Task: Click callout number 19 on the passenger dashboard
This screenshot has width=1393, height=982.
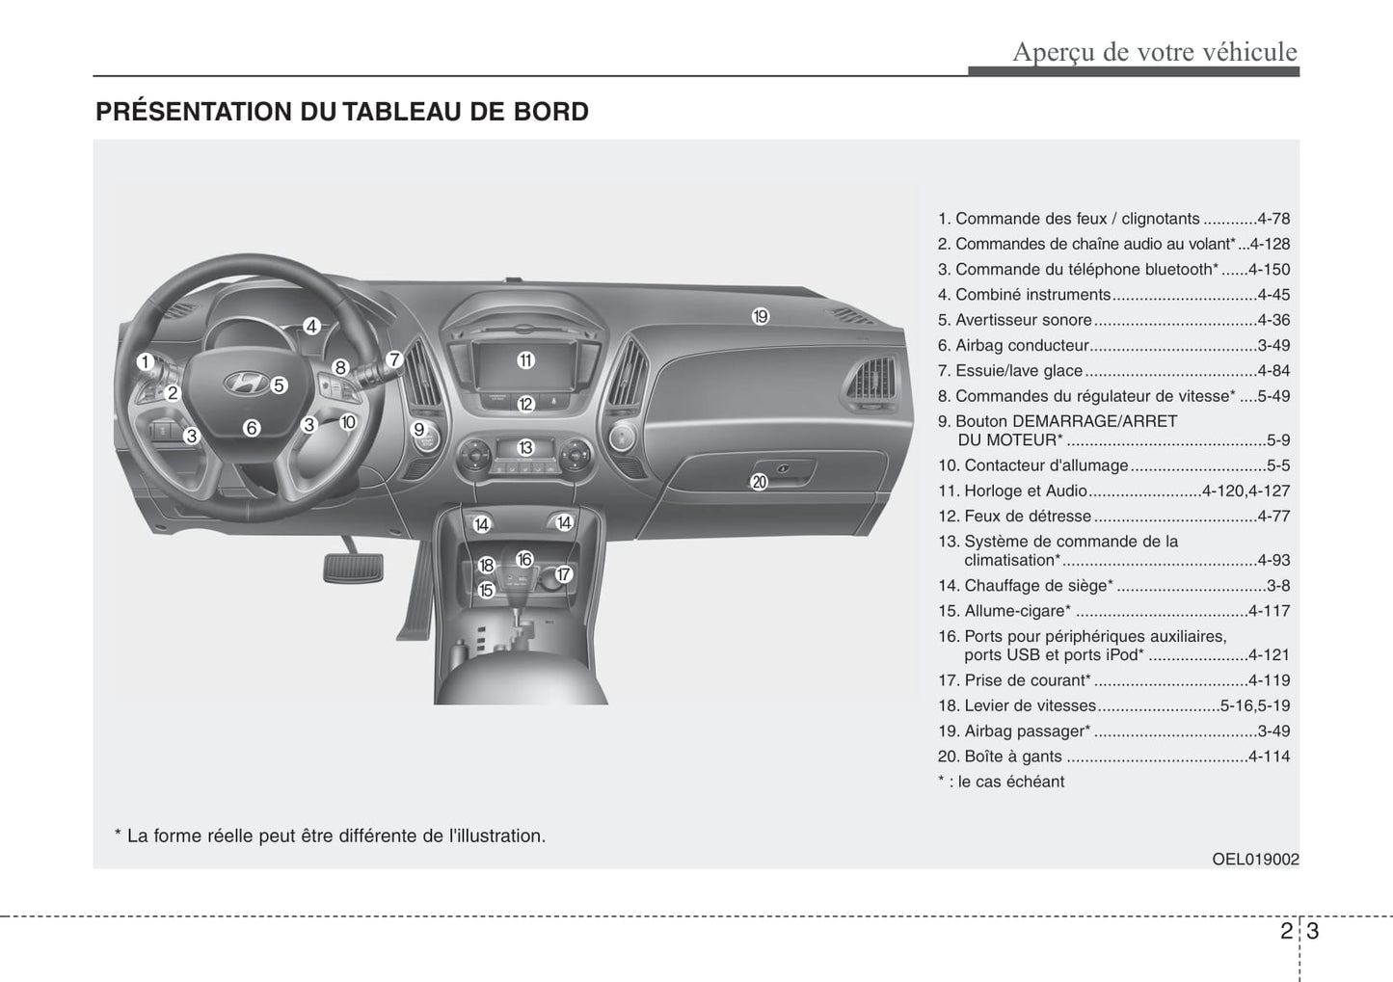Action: pos(761,316)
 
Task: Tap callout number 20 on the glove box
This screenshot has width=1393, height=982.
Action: pos(759,482)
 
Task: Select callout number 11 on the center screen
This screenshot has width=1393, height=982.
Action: pos(525,360)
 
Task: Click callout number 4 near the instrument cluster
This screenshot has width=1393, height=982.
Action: pos(311,327)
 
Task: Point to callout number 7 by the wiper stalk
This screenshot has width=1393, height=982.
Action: pos(393,359)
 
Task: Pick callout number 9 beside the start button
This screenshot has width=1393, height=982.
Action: pos(419,430)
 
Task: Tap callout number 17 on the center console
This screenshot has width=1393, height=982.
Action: pos(564,575)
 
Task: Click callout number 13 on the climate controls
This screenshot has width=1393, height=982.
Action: pos(525,448)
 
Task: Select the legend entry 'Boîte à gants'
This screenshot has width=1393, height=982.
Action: pos(1013,756)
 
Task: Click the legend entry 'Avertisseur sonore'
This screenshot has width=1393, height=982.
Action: pos(1023,320)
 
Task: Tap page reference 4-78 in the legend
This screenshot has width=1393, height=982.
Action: pos(1272,220)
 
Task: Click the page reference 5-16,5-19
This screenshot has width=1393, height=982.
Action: pos(1254,705)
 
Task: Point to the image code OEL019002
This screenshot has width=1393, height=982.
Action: pos(1255,859)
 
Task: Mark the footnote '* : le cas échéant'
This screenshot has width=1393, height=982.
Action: pos(1001,782)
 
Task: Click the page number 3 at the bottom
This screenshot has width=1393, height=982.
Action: pos(1313,932)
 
